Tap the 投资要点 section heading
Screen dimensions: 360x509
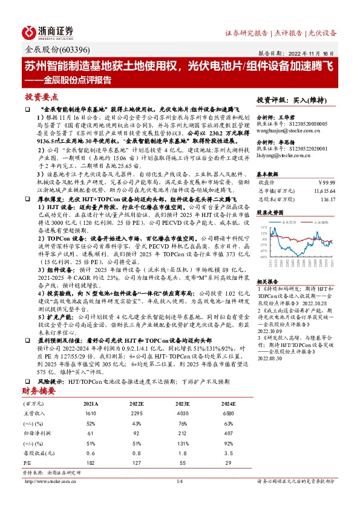[x=42, y=97]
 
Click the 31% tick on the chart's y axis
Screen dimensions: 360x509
[x=263, y=227]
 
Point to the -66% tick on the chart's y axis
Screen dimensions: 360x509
[x=263, y=256]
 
